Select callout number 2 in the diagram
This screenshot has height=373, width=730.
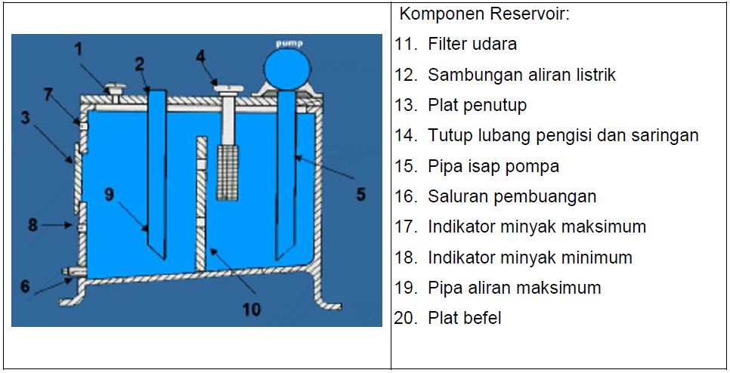tap(140, 64)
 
